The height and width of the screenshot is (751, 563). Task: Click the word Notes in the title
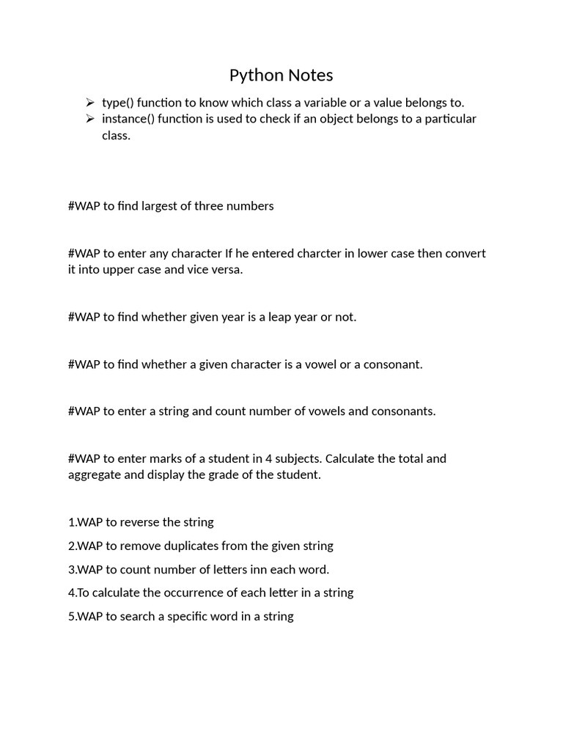[310, 75]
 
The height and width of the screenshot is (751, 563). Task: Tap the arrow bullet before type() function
[89, 103]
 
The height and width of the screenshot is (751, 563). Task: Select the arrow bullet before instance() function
[89, 119]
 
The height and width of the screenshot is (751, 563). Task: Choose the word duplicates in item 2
[192, 546]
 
